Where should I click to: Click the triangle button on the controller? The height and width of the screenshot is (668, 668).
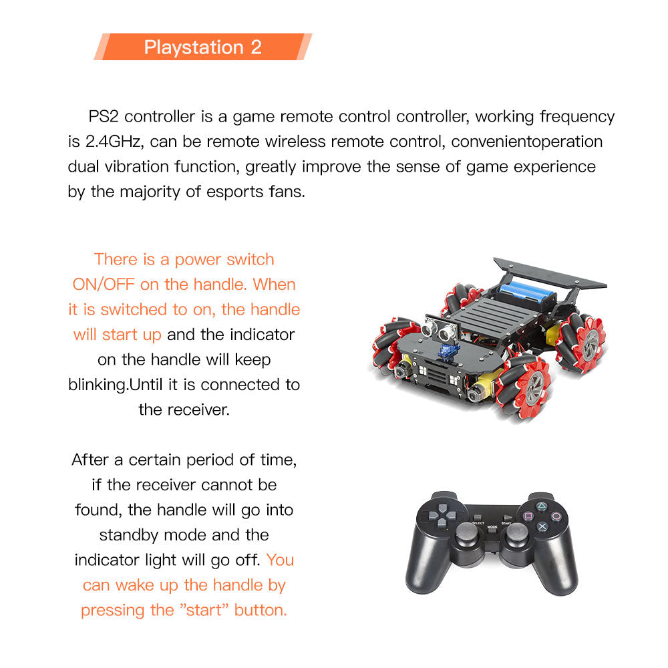(x=542, y=506)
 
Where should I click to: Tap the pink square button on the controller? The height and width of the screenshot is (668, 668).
(x=528, y=516)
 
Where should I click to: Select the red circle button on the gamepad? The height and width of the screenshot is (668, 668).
(x=556, y=516)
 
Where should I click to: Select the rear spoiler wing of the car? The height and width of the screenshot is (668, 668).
(x=549, y=273)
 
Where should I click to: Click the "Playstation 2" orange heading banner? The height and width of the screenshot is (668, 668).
(x=202, y=47)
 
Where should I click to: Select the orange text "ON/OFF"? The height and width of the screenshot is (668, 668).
(x=104, y=285)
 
